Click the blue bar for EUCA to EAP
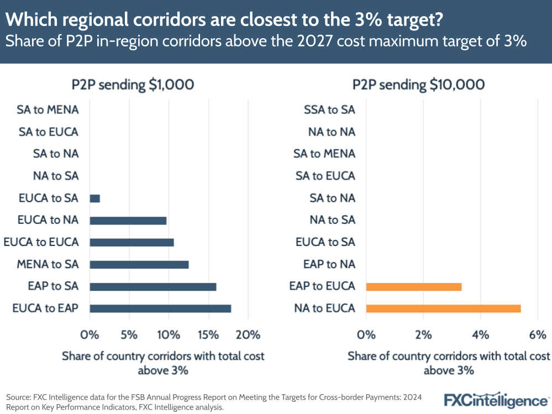160,308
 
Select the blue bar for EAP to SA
153,286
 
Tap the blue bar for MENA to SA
139,264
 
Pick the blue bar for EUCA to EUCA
132,242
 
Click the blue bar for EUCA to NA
128,220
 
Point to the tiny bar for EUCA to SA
94,198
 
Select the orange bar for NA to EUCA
443,308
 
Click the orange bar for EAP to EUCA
413,286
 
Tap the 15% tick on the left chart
208,335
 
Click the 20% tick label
248,335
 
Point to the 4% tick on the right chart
480,335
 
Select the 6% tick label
537,335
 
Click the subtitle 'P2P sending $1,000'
133,85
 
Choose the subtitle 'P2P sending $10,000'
418,85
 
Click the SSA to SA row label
329,109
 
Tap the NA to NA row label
332,132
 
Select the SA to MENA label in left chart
48,109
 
